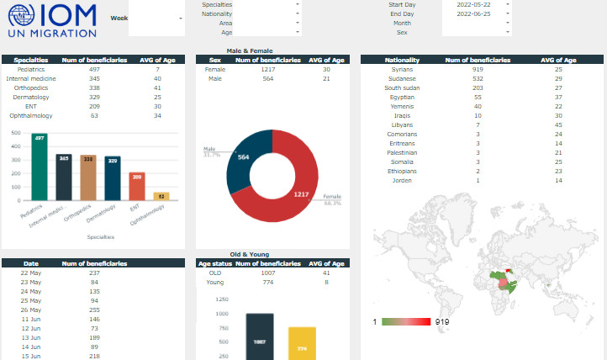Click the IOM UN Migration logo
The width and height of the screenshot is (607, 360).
click(x=51, y=21)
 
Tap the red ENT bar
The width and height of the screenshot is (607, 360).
click(x=137, y=186)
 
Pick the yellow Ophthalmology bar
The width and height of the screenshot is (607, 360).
click(x=161, y=196)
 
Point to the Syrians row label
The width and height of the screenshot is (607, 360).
click(x=402, y=69)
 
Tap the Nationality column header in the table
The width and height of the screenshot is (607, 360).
click(x=402, y=61)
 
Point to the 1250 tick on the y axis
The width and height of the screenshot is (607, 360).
click(x=222, y=299)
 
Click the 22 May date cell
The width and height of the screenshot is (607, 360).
click(x=31, y=273)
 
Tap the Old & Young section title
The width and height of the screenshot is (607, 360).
click(x=249, y=253)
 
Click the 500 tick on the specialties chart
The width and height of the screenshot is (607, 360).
click(x=16, y=132)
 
